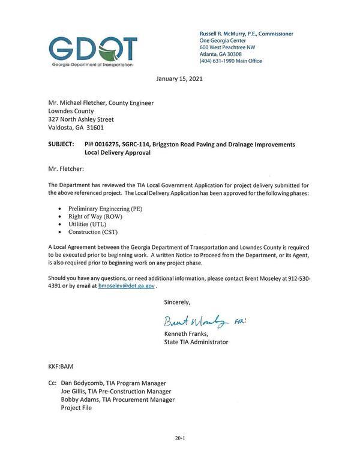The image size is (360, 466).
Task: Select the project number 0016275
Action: [108, 145]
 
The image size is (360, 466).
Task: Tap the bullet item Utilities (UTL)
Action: [88, 224]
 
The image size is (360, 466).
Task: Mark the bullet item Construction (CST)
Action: [93, 232]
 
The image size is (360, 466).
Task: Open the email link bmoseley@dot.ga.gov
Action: [126, 287]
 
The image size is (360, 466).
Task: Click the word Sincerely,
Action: [177, 302]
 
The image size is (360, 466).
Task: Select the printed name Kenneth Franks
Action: [186, 333]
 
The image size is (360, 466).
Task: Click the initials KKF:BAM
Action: [61, 366]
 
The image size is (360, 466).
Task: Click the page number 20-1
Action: [179, 439]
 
